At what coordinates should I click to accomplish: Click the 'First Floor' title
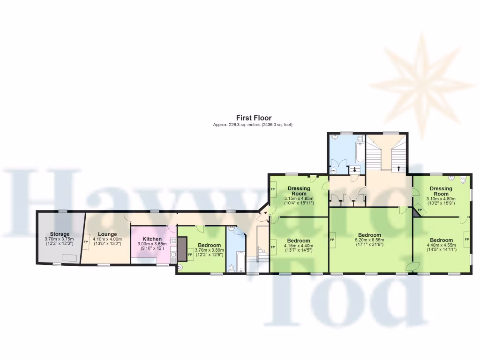coord(253,118)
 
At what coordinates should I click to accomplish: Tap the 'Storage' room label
coord(60,234)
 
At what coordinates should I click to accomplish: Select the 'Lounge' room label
coord(107,234)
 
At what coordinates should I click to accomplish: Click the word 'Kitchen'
coord(152,239)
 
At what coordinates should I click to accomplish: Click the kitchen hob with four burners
coord(173,242)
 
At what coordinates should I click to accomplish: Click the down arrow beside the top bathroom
coord(354,169)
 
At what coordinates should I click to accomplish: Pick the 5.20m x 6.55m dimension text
coord(370,240)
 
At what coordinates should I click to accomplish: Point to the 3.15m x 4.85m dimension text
coord(299,198)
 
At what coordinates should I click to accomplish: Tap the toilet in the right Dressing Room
coord(463,179)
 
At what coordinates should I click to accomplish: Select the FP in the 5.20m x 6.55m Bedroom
coord(332,240)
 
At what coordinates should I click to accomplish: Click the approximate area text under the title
coord(253,125)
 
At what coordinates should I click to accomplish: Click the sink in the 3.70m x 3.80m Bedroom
coord(180,268)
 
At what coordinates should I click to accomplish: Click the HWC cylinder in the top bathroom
coord(334,171)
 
